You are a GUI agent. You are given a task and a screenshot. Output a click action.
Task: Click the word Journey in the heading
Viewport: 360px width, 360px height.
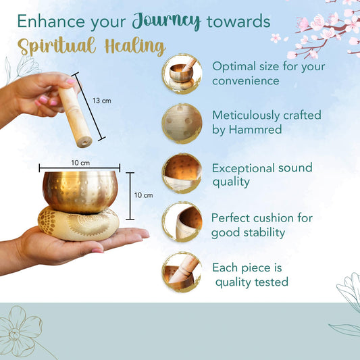(x=166, y=21)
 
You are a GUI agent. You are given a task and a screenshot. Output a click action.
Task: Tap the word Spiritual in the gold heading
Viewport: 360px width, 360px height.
(x=57, y=46)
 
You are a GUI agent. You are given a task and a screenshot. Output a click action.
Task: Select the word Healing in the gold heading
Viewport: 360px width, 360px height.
(x=135, y=47)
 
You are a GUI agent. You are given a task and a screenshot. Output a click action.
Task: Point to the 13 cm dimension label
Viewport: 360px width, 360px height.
(x=102, y=101)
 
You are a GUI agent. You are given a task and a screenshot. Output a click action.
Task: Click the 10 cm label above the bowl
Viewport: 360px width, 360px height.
(x=80, y=163)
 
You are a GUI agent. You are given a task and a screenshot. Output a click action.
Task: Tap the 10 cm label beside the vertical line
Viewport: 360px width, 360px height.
(x=143, y=195)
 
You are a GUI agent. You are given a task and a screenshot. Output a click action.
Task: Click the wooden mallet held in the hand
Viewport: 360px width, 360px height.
(x=75, y=116)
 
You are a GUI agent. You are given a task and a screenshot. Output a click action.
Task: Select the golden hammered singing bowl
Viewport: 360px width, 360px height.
(x=80, y=192)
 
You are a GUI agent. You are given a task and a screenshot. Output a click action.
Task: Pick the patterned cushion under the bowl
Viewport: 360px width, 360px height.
(x=78, y=224)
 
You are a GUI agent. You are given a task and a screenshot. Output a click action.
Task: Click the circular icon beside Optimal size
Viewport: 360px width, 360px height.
(x=182, y=74)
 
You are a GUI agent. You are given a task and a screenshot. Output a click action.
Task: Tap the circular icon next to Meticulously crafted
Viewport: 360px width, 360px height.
(x=182, y=124)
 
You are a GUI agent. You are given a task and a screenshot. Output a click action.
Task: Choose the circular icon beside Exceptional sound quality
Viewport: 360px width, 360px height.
(x=182, y=174)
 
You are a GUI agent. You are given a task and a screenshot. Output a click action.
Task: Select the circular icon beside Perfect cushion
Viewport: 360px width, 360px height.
(x=182, y=222)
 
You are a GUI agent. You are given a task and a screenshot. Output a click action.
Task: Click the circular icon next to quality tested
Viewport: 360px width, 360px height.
(x=182, y=272)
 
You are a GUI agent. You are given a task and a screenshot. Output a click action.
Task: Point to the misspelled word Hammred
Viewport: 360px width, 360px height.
(x=255, y=129)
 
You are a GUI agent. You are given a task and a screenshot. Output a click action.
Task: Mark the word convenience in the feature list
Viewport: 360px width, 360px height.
(x=246, y=81)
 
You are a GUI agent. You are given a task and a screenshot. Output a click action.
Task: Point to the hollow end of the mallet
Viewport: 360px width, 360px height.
(x=84, y=143)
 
